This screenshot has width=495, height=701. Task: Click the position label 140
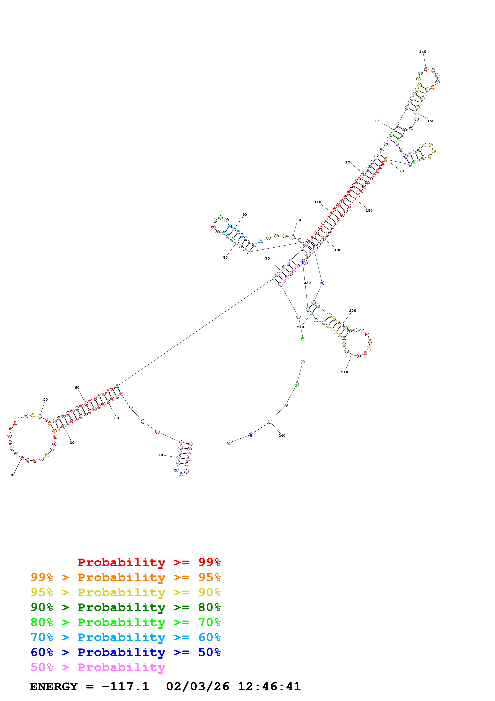point(422,52)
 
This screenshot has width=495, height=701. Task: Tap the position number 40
point(13,475)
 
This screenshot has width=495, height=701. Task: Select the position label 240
point(282,436)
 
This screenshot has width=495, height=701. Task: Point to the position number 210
point(344,372)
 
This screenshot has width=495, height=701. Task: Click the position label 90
point(245,215)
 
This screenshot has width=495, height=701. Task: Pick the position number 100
point(297,220)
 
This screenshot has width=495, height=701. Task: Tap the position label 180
point(369,210)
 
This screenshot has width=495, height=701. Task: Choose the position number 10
point(161,455)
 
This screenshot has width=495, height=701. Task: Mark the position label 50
point(46,399)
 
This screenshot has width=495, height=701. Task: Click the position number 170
point(400,171)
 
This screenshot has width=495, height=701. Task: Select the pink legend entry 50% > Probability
point(98,667)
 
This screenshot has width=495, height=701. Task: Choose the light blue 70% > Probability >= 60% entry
point(125,637)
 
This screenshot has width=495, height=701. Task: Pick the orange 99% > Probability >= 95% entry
point(125,577)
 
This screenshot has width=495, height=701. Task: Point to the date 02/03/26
point(198,686)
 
